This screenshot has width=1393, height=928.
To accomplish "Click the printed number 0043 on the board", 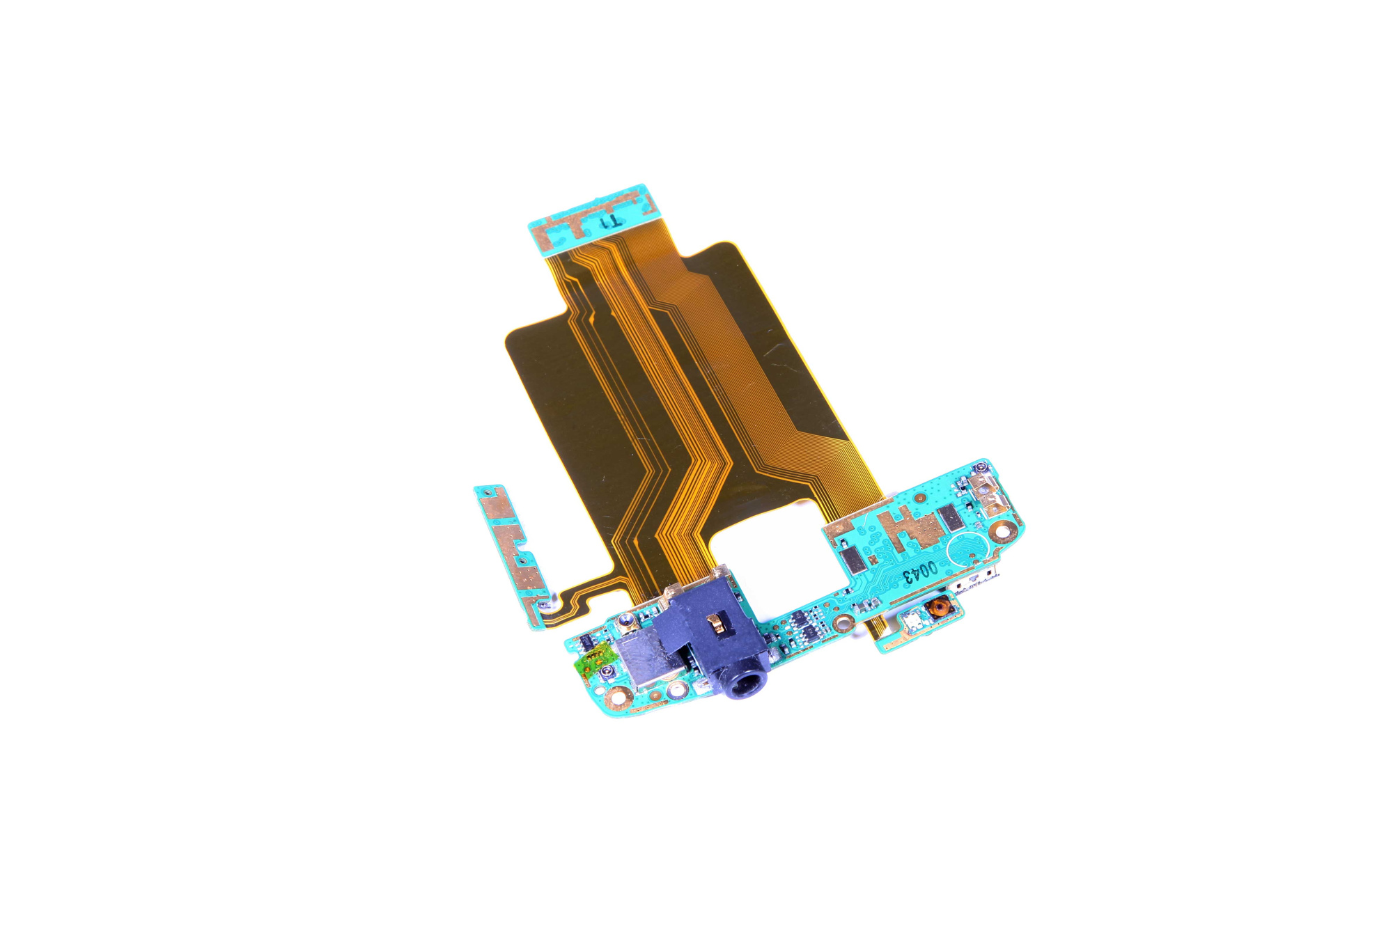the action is (x=921, y=572).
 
